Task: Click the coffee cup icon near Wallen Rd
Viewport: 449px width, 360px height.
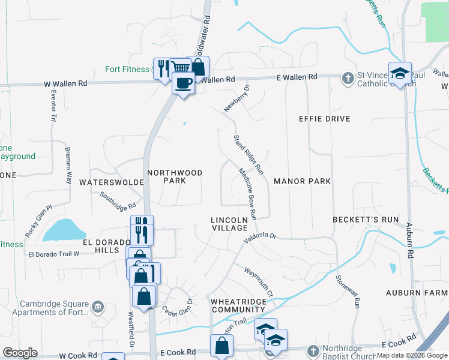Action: pyautogui.click(x=183, y=82)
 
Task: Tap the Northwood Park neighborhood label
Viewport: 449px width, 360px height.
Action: pyautogui.click(x=175, y=176)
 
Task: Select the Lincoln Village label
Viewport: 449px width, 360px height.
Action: pyautogui.click(x=229, y=224)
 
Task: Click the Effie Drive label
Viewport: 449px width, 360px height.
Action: pyautogui.click(x=324, y=119)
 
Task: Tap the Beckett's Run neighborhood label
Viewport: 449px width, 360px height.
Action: pyautogui.click(x=366, y=220)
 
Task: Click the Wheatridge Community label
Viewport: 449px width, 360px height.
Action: pyautogui.click(x=238, y=305)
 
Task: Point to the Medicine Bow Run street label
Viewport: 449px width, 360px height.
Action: pyautogui.click(x=248, y=192)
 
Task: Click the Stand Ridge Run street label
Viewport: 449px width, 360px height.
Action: pyautogui.click(x=249, y=155)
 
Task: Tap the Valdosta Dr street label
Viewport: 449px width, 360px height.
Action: pyautogui.click(x=259, y=238)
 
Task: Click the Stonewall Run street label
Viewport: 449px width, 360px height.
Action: pyautogui.click(x=348, y=292)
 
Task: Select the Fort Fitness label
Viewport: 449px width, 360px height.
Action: pyautogui.click(x=127, y=69)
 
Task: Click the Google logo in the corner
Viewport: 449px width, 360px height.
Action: pyautogui.click(x=20, y=353)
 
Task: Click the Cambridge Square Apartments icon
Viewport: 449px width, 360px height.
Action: pyautogui.click(x=98, y=308)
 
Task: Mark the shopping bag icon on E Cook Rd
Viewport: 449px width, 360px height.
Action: pyautogui.click(x=221, y=345)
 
